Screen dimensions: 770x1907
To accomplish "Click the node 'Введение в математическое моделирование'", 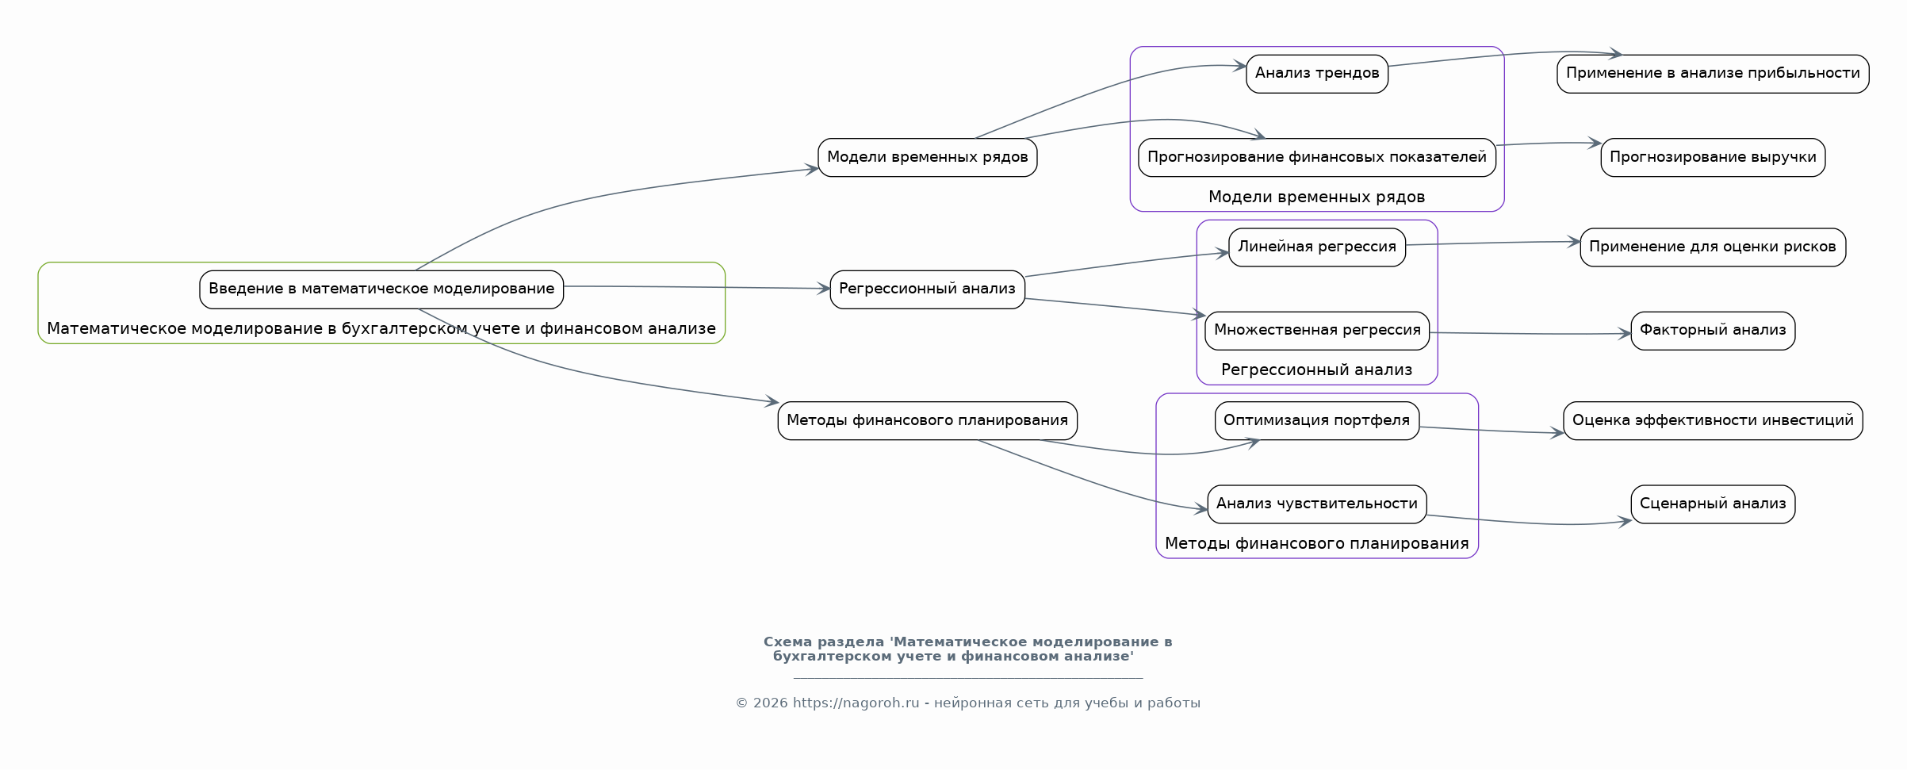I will coord(381,289).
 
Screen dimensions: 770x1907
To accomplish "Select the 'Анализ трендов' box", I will coord(1316,74).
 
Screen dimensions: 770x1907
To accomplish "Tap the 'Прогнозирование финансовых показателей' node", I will coord(1316,157).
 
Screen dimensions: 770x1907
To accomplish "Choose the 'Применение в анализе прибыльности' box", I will coord(1712,74).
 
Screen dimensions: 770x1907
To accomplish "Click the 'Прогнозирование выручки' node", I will coord(1712,157).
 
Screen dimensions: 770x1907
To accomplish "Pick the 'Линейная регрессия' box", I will coord(1316,247).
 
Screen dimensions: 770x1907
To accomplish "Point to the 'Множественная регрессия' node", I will coord(1316,330).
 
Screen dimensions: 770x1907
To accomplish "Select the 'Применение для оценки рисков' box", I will coord(1712,247).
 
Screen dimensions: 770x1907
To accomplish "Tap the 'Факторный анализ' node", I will coord(1712,330).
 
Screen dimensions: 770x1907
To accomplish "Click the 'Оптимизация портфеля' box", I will coord(1316,420).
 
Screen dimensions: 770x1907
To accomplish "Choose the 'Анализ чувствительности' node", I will coord(1316,504).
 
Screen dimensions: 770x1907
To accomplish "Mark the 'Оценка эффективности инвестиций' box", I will coord(1712,420).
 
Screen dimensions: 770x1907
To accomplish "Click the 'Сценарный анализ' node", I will coord(1712,504).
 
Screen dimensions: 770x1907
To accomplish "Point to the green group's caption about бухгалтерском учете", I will coord(381,328).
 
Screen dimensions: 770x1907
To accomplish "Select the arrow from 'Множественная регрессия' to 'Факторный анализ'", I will coord(1530,334).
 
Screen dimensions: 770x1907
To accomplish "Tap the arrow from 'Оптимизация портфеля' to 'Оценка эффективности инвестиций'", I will coord(1491,431).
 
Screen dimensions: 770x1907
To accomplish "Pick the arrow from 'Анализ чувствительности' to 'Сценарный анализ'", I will coord(1530,523).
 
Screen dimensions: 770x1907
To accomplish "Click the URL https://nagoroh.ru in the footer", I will coord(856,703).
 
